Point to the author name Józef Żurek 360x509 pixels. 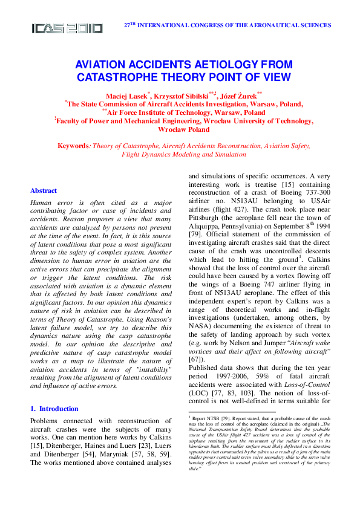tap(238, 96)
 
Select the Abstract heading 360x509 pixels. tap(44, 190)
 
